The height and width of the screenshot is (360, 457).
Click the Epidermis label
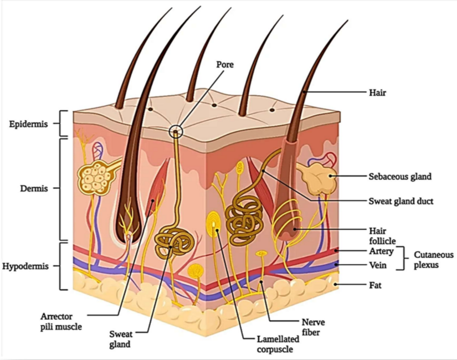tap(28, 124)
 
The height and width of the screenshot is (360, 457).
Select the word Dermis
tap(34, 188)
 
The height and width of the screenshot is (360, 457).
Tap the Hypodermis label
tap(25, 266)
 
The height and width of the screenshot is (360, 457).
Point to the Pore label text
tap(225, 64)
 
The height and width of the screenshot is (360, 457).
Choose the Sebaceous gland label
tap(400, 176)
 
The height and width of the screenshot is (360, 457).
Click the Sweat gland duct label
tap(400, 201)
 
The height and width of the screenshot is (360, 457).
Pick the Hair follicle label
tap(382, 236)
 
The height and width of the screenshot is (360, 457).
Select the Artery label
tap(381, 251)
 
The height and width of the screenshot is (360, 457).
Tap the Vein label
tap(378, 265)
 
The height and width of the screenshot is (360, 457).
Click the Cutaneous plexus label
tap(433, 260)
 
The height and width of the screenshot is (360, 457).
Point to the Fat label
tap(375, 285)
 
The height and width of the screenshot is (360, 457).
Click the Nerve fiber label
tap(313, 327)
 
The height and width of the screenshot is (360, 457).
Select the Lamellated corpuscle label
tap(278, 344)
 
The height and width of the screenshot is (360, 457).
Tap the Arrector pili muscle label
tap(61, 322)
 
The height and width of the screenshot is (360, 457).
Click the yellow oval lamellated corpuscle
tap(214, 225)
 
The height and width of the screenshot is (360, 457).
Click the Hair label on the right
tap(377, 92)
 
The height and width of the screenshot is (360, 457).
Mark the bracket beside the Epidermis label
tap(63, 124)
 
